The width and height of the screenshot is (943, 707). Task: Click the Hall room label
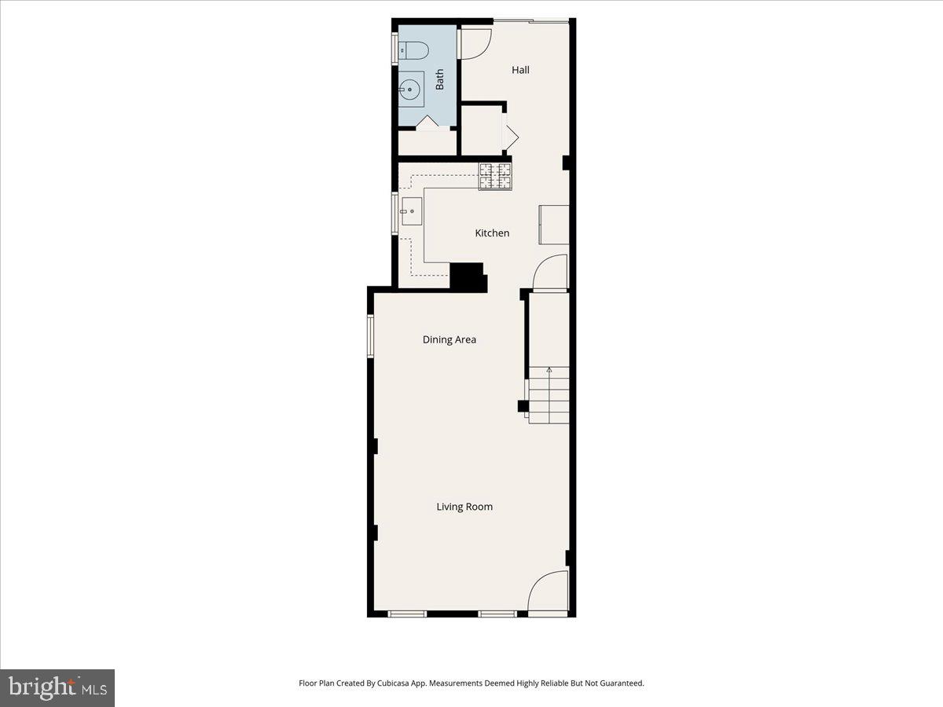[x=520, y=70]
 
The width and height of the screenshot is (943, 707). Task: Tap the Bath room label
[x=439, y=79]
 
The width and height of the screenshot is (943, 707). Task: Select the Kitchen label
[x=492, y=233]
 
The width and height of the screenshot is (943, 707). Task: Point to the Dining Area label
[x=449, y=340]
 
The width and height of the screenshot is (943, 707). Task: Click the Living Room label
[x=464, y=507]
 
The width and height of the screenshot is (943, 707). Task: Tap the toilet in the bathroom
[x=413, y=51]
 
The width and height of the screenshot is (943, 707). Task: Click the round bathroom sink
[x=410, y=90]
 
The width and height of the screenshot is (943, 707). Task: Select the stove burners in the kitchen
[x=495, y=176]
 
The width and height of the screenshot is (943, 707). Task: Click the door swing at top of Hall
[x=475, y=43]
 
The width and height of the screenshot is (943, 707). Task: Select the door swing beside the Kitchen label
[x=551, y=273]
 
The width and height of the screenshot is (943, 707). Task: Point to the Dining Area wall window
[x=371, y=336]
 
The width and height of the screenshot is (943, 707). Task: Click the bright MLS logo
[x=57, y=687]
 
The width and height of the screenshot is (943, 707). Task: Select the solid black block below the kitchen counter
[x=468, y=277]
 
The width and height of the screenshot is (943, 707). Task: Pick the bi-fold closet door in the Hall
[x=509, y=137]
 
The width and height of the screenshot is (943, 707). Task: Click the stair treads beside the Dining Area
[x=549, y=397]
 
